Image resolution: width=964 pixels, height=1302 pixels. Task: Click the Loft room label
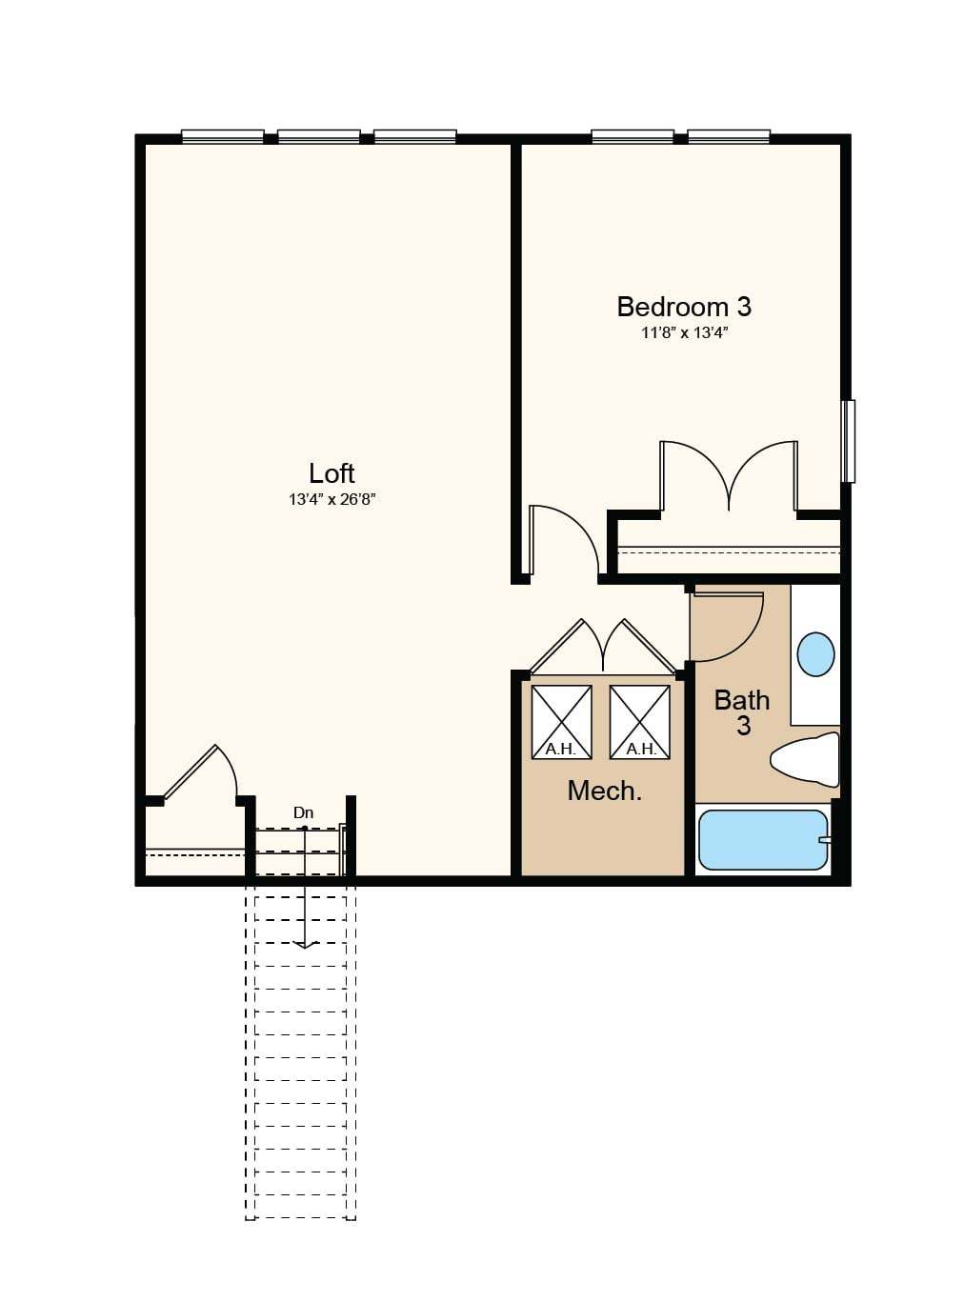tap(331, 473)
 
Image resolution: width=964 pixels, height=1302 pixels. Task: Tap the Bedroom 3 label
tap(684, 307)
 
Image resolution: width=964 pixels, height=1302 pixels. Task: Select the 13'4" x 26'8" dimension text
tap(331, 499)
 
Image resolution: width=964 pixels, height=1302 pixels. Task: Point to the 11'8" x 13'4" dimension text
tap(684, 333)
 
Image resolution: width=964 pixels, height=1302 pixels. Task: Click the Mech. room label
tap(605, 791)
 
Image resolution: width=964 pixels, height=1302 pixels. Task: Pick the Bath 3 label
tap(742, 712)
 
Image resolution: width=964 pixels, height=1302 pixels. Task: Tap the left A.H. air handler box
tap(561, 722)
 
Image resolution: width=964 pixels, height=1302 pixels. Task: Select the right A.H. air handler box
tap(640, 722)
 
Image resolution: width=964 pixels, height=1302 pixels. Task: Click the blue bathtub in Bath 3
tap(763, 840)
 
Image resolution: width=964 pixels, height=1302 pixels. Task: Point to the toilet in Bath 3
tap(806, 760)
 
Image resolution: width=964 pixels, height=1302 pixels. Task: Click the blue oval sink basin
tap(816, 654)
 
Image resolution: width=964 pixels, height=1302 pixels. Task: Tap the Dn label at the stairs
tap(304, 813)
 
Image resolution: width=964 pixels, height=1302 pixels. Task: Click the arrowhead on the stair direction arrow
tap(305, 945)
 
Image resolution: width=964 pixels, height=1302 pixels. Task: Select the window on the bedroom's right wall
tap(848, 441)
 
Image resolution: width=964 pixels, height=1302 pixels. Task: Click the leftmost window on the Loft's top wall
tap(223, 137)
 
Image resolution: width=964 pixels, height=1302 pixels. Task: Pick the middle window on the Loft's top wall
tap(319, 137)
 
